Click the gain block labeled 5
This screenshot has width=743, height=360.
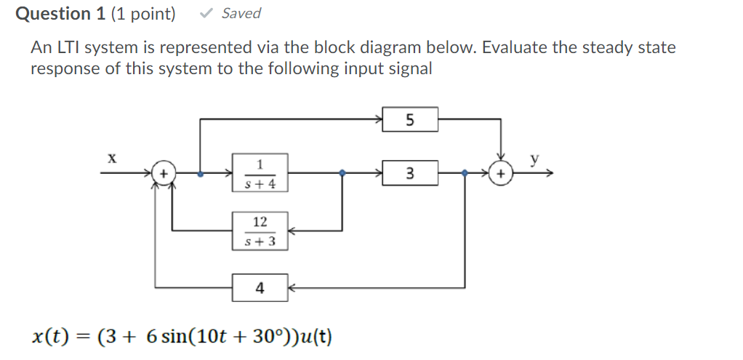click(410, 120)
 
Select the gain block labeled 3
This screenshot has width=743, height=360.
click(410, 174)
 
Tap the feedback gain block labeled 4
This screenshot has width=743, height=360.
click(260, 289)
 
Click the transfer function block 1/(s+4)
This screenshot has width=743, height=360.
click(260, 173)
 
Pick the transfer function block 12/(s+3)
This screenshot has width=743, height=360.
click(260, 231)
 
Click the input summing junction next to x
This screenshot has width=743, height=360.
click(164, 174)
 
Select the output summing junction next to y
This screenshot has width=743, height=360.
click(500, 174)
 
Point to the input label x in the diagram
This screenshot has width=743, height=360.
click(112, 157)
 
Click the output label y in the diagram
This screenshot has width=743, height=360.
click(536, 159)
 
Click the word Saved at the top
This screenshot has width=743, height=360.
click(241, 14)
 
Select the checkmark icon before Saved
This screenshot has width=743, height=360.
click(206, 13)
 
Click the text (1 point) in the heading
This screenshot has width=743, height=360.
click(143, 14)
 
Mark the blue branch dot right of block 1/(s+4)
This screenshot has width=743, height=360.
click(343, 174)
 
